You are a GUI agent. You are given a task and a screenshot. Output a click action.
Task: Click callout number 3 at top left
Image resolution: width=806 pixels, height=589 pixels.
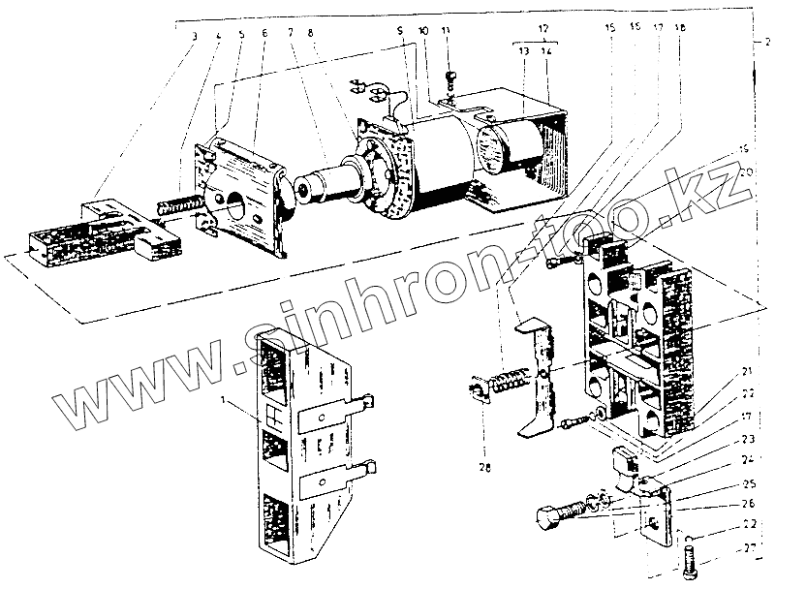[x=196, y=37]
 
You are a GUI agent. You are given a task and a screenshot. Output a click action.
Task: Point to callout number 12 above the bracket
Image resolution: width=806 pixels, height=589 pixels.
[x=544, y=30]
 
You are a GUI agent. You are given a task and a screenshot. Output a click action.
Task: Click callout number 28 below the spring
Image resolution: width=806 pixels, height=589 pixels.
[x=484, y=468]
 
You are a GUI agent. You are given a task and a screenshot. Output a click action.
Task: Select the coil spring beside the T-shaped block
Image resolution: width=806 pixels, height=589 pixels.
[x=180, y=205]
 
